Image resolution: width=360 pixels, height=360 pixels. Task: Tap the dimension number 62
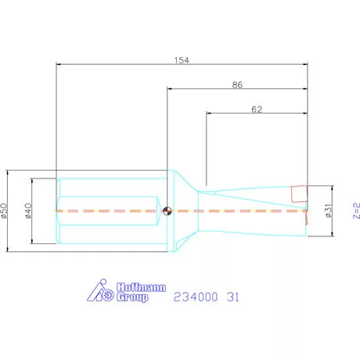point(256,110)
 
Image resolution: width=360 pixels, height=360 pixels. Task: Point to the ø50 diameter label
point(5,210)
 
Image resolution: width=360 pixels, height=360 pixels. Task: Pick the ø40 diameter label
point(29,210)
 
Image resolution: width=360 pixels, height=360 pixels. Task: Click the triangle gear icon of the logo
point(99,291)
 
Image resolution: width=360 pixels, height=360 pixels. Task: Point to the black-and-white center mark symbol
point(167,210)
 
